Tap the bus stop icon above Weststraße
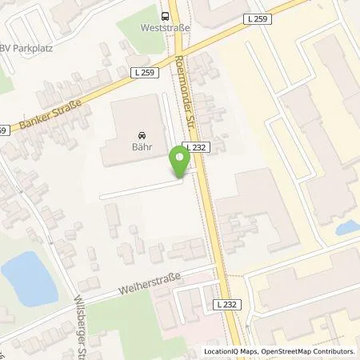pos(164,14)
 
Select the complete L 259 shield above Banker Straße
pos(141,72)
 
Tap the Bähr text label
pos(142,147)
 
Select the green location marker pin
pos(180,162)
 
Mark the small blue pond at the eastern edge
pos(349,227)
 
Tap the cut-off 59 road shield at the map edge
pos(3,130)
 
